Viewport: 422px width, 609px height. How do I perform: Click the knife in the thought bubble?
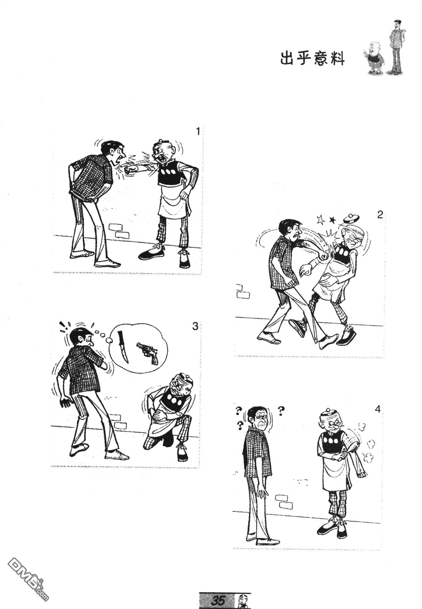124,346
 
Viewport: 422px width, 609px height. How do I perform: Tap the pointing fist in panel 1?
130,170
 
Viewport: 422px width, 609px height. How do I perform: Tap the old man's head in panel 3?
181,385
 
